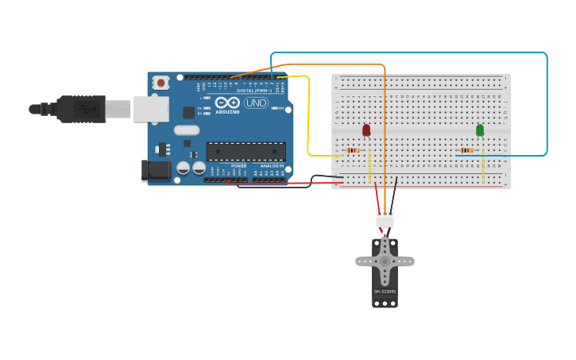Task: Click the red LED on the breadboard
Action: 366,130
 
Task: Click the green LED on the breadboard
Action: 480,130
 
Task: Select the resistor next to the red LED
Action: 354,150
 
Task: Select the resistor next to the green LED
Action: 467,150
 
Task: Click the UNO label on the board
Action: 256,103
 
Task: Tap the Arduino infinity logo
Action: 227,103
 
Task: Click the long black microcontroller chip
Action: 245,152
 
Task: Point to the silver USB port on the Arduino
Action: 150,110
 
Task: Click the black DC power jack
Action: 155,170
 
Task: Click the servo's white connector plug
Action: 385,218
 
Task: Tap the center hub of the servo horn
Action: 385,261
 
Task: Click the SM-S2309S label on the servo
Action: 385,292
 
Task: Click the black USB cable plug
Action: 80,109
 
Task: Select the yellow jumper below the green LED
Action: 483,167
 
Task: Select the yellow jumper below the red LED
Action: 369,167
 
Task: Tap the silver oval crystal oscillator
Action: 187,130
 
